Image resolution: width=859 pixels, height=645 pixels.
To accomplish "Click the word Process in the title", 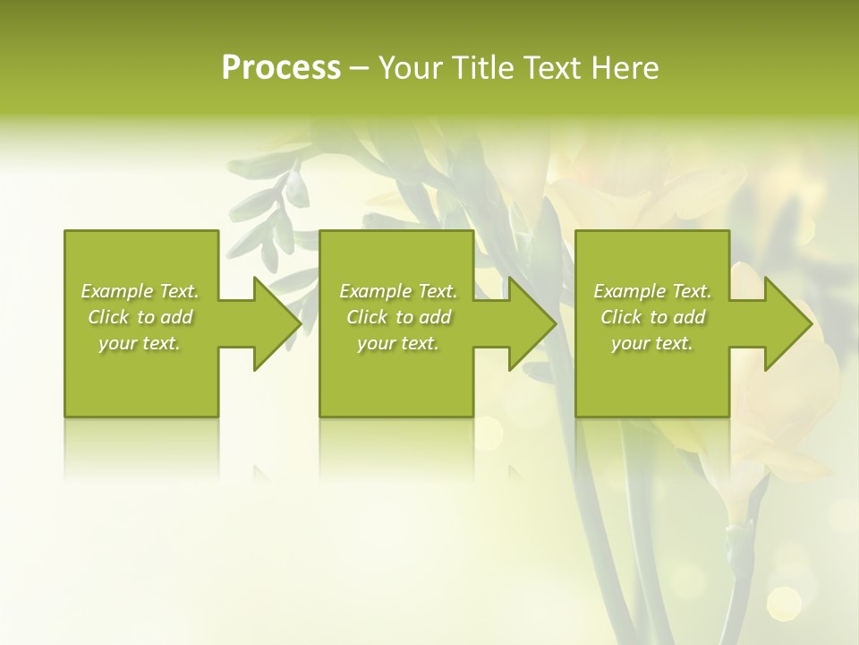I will tap(281, 68).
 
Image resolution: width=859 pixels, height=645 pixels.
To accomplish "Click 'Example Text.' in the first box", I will tap(140, 291).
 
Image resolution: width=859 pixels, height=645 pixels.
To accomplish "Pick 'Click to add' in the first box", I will tap(140, 317).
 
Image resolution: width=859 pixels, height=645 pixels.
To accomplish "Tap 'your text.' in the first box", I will tap(140, 343).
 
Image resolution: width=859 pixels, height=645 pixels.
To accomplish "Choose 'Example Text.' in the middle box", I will tap(398, 291).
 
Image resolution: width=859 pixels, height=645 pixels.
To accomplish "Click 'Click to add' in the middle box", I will tap(398, 317).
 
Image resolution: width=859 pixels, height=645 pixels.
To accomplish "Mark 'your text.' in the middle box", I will tap(398, 343).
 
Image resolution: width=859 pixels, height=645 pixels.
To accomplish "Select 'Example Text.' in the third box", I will tap(652, 291).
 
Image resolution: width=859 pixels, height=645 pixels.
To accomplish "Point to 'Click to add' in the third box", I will tap(652, 317).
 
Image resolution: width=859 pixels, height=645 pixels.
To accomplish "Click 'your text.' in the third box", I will tap(652, 343).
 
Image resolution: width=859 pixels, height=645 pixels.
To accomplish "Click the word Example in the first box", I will tap(118, 291).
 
